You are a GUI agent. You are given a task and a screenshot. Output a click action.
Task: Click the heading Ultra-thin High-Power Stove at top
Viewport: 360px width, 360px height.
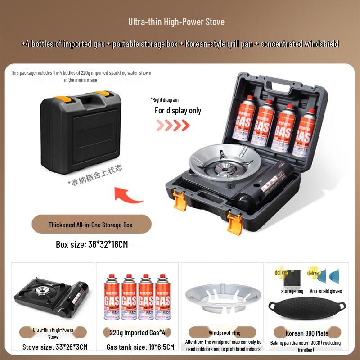pos(176,22)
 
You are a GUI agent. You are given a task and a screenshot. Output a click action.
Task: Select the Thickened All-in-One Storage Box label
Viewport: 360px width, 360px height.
pos(91,224)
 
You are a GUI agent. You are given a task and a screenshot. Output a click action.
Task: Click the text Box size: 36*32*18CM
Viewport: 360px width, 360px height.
pos(92,245)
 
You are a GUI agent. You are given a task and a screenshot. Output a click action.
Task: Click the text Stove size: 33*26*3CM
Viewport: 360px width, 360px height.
pos(55,346)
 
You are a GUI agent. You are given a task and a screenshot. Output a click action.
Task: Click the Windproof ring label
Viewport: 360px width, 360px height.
pos(225,333)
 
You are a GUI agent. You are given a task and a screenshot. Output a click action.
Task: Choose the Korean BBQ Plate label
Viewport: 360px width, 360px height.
pos(307,333)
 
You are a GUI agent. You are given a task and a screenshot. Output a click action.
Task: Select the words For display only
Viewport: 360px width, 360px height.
pos(178,111)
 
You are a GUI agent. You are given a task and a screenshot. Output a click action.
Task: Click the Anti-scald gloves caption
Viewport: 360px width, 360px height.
pos(326,291)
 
